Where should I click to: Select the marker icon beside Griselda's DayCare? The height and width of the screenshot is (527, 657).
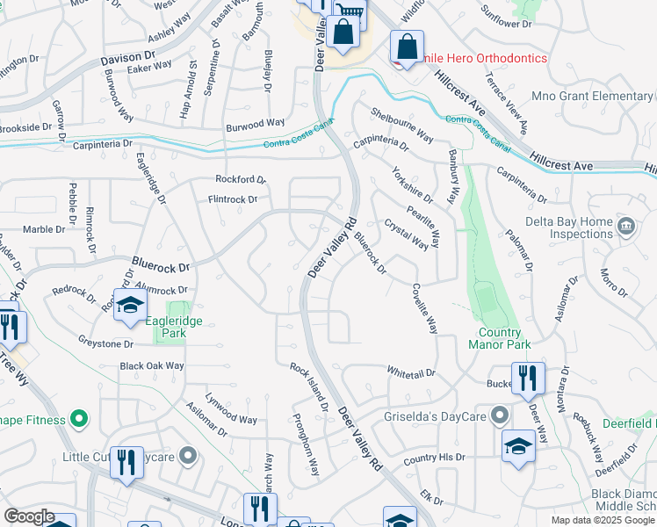[x=500, y=414]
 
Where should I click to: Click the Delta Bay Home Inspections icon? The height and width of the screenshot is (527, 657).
[x=625, y=226]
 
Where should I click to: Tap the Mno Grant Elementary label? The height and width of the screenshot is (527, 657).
[x=603, y=96]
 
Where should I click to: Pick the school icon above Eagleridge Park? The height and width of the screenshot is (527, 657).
[x=130, y=305]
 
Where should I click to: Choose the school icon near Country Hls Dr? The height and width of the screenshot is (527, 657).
[x=518, y=446]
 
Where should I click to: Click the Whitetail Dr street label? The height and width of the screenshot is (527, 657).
[x=411, y=373]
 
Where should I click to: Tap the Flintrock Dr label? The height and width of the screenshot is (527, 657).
[x=220, y=199]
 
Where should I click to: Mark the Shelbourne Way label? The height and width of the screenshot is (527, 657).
[x=402, y=126]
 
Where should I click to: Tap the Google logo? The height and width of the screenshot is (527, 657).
[x=29, y=516]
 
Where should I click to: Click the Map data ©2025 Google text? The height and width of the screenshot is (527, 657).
[x=603, y=520]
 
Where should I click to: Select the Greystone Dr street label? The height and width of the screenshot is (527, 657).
[x=105, y=344]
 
